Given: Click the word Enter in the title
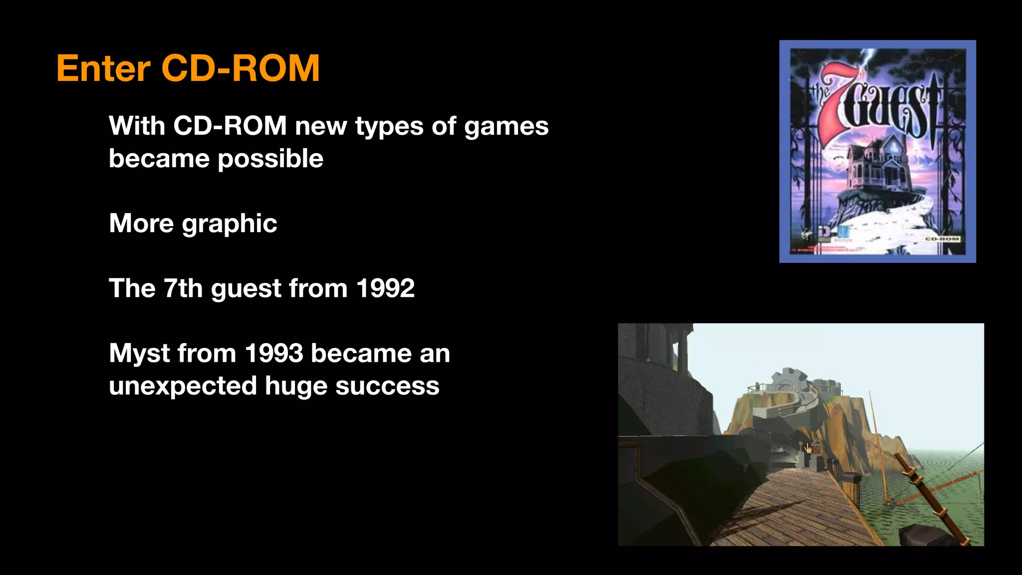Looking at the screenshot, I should point(103,68).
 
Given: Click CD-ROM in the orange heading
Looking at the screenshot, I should point(240,68).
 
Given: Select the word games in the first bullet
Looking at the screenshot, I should point(506,126).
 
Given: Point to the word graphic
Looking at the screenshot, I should point(229,224).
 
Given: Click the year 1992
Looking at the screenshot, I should point(385,288).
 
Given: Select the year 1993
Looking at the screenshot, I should point(274,354).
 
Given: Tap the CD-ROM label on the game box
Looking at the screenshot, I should point(942,239).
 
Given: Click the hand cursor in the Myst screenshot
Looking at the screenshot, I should point(808,448).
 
